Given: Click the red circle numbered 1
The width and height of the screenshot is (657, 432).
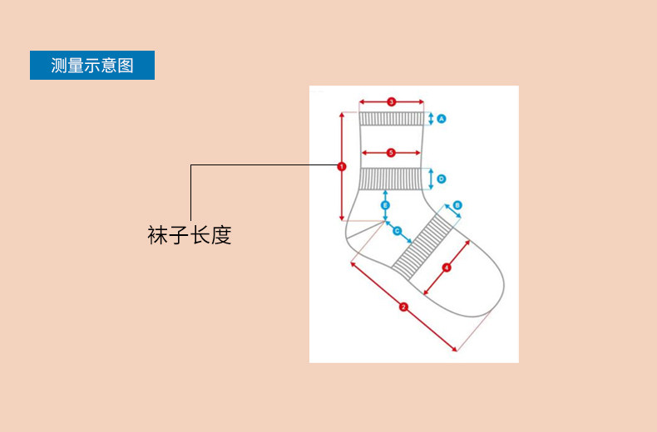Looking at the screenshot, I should point(342,166).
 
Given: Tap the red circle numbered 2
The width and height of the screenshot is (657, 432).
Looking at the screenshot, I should point(403,307).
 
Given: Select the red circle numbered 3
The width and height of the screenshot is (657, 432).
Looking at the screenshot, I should point(391,102).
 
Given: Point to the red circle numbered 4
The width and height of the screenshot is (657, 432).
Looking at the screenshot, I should point(447,268).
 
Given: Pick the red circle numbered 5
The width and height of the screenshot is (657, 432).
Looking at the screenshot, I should point(391,153).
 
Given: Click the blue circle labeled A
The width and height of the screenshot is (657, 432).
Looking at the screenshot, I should point(442,119).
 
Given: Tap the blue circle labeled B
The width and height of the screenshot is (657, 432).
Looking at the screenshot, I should point(457,205).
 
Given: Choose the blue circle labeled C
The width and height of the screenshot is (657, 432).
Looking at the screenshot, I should point(397,230).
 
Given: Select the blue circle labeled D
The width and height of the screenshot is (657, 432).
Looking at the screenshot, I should point(442,179).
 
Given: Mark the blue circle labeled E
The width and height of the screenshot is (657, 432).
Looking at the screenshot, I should point(385,204).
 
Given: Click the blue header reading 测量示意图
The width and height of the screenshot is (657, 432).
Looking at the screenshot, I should point(92,66).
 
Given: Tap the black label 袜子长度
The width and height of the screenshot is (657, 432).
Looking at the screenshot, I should point(189,235).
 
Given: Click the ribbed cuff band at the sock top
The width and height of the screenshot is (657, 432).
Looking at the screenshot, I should point(392,118).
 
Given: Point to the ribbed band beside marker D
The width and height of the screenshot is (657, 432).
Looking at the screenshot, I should point(392,179).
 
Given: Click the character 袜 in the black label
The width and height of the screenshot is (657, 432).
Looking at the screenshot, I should point(158,235).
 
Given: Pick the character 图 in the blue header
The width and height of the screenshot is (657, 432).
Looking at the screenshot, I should point(126,66).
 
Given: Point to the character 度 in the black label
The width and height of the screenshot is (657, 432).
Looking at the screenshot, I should point(220,235).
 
